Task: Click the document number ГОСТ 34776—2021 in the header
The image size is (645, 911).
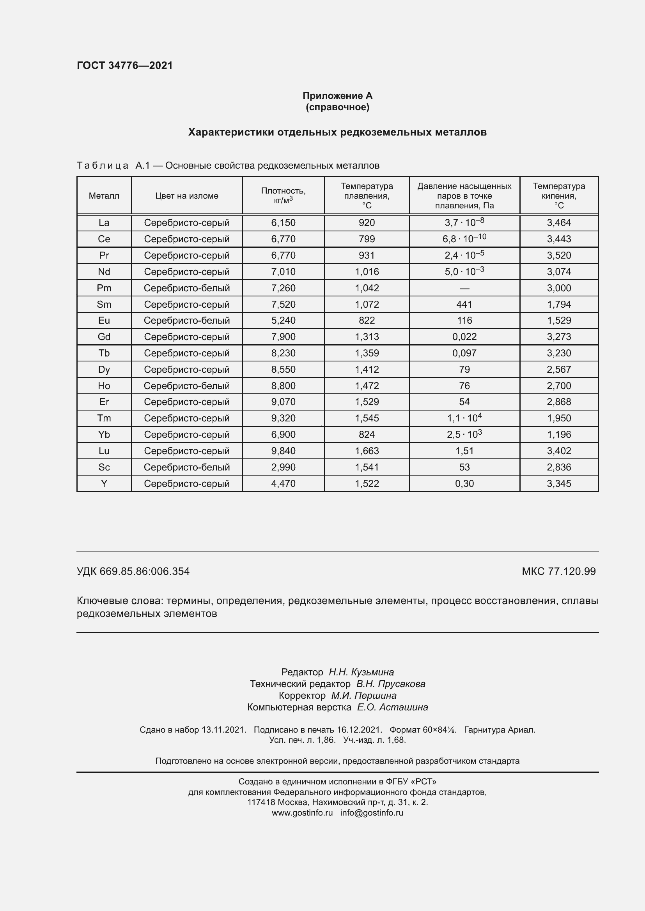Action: point(125,65)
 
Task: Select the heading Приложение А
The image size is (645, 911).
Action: point(337,96)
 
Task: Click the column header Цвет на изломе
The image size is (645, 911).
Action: point(187,196)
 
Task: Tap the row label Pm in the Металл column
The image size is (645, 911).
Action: point(104,288)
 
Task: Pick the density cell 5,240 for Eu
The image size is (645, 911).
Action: point(283,320)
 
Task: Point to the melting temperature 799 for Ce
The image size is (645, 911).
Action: point(367,239)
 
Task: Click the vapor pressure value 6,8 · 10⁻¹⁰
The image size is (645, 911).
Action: point(464,239)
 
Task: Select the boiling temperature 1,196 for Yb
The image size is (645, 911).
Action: point(559,435)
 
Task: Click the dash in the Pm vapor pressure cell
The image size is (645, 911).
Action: point(464,289)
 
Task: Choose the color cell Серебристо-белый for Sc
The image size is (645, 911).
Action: point(187,467)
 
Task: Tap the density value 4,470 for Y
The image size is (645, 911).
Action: point(283,483)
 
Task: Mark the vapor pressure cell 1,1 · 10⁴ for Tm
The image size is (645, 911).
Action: point(464,418)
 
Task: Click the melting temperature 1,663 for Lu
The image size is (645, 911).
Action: point(367,451)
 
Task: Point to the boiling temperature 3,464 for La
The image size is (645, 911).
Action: point(559,223)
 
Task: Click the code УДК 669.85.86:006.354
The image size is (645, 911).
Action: point(133,571)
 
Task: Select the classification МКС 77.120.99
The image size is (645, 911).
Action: point(558,571)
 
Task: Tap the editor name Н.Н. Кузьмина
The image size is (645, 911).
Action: point(361,672)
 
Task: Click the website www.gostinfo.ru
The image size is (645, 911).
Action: point(302,812)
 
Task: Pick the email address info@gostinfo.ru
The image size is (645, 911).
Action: point(372,812)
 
